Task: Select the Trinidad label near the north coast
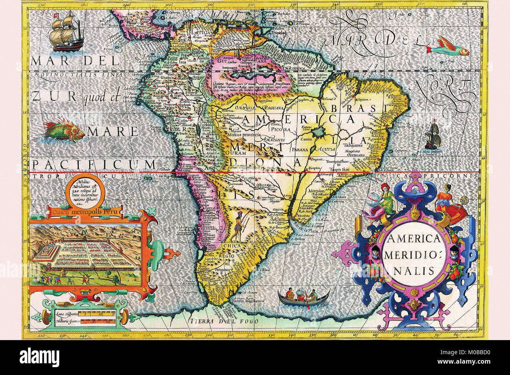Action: (278, 33)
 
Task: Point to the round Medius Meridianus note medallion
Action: (86, 191)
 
